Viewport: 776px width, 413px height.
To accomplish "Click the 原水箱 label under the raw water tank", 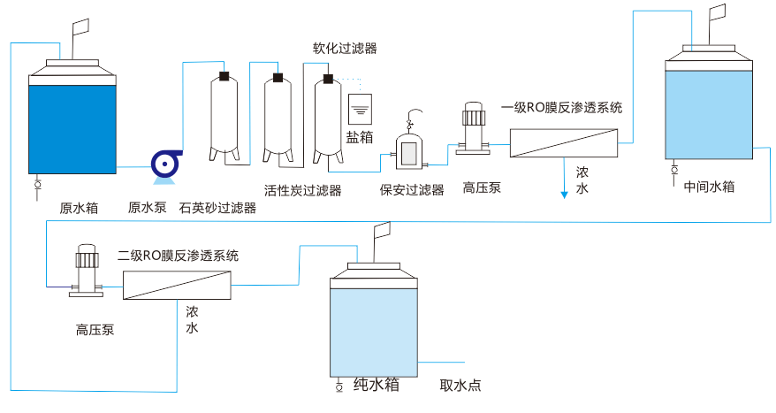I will coord(79,209).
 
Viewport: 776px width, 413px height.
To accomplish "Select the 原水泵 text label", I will coord(147,209).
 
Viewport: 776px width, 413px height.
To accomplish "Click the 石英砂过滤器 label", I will coord(217,209).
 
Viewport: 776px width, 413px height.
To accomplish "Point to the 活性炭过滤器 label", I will coord(303,190).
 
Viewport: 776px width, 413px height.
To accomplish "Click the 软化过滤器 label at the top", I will coord(345,49).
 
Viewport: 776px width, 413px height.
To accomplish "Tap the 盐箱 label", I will coord(359,138).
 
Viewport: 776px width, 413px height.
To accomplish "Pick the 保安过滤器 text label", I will coord(412,189).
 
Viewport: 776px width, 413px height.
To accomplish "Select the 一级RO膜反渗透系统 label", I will coord(562,108).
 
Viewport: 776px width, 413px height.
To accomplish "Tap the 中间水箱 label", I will coord(710,187).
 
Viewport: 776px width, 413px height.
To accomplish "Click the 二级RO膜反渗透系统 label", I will coord(179,256).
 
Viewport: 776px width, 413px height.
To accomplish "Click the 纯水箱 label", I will coord(376,385).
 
